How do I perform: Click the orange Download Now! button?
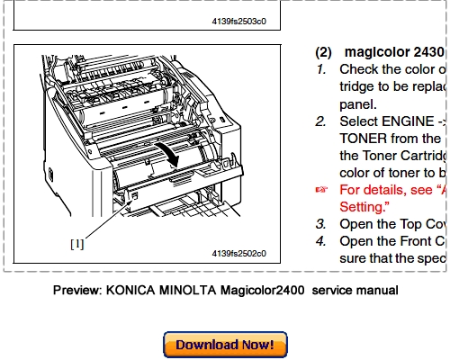click(225, 344)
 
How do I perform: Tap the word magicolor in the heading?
click(376, 53)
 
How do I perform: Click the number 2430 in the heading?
click(428, 53)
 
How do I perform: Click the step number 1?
click(320, 69)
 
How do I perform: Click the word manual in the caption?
click(376, 291)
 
